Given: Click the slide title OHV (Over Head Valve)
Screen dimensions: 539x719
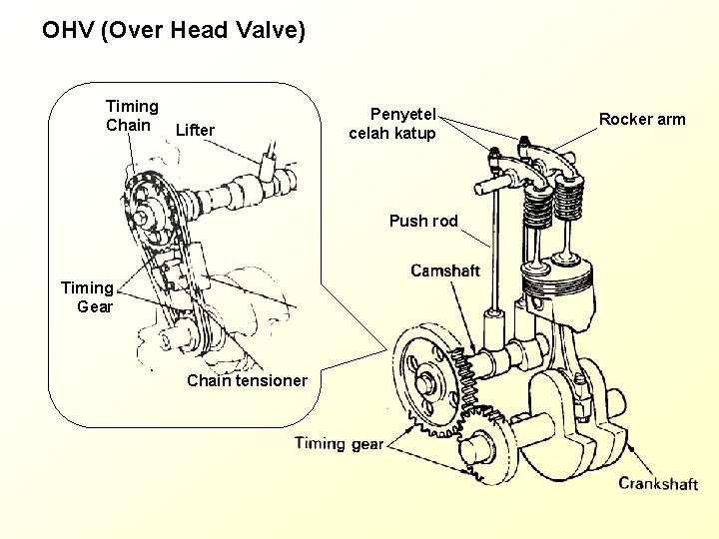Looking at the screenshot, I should (174, 31).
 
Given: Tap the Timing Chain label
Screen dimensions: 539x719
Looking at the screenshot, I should (132, 116).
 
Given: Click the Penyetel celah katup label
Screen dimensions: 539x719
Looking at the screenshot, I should (392, 123).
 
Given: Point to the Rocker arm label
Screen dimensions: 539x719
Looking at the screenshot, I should (642, 120).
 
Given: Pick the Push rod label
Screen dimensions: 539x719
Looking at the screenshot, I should (423, 222).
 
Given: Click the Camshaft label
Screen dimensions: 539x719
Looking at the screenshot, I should (444, 270).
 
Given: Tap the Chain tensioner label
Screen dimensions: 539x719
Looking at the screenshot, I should (247, 380).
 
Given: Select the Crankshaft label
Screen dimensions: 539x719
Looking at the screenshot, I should (658, 483).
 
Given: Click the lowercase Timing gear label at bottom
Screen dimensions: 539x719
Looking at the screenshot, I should (339, 444).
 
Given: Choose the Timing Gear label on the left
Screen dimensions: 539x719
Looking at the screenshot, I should (88, 297).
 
